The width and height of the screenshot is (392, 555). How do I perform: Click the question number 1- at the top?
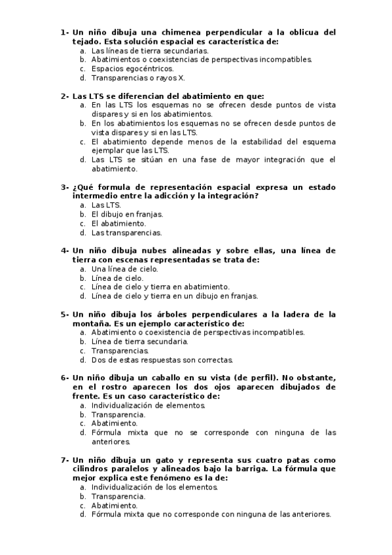[65, 31]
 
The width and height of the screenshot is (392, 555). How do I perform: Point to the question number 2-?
[65, 96]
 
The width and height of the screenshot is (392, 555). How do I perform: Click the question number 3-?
[65, 187]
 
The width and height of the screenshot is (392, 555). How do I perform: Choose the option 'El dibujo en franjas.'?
[127, 214]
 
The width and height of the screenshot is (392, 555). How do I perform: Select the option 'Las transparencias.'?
[126, 232]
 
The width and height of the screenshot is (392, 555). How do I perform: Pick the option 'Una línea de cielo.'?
[124, 268]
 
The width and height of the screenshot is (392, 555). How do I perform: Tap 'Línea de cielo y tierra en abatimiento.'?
[160, 286]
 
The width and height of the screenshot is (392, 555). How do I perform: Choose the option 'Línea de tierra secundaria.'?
[140, 341]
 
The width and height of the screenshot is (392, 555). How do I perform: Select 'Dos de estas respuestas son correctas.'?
[162, 359]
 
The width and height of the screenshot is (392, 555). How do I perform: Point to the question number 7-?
[65, 460]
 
